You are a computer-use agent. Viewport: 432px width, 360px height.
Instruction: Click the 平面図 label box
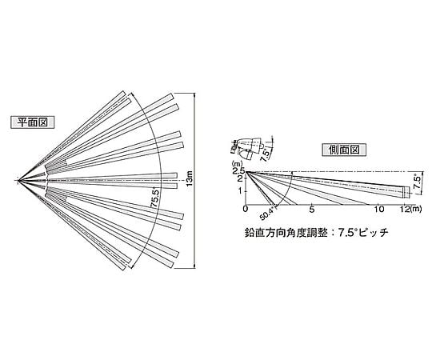(x=33, y=122)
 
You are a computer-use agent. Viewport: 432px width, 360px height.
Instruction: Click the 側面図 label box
(x=344, y=150)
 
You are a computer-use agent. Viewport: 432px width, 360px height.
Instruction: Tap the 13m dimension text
(x=190, y=178)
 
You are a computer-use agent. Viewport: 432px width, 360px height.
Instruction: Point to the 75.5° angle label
(x=154, y=198)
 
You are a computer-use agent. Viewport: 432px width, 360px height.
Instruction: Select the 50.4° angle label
(x=266, y=213)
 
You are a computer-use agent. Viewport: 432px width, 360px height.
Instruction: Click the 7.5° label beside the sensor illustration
(x=266, y=154)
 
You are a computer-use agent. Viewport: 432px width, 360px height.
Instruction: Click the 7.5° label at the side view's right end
(x=418, y=182)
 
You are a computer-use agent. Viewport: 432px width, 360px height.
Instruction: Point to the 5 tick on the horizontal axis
(x=312, y=210)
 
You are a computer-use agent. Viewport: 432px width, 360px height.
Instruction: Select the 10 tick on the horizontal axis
(x=379, y=209)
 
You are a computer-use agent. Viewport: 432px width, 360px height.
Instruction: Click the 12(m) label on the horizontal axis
(x=410, y=209)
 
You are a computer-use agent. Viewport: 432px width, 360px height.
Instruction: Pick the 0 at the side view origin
(x=246, y=209)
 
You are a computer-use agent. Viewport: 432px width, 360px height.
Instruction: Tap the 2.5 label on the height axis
(x=238, y=171)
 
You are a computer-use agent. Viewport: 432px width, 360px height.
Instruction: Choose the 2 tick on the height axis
(x=239, y=178)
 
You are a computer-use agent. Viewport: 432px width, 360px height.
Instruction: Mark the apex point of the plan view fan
(x=18, y=181)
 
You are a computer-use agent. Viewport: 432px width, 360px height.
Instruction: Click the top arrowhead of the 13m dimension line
(x=195, y=95)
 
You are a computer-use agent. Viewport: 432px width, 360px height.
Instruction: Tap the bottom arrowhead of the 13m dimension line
(x=195, y=266)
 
